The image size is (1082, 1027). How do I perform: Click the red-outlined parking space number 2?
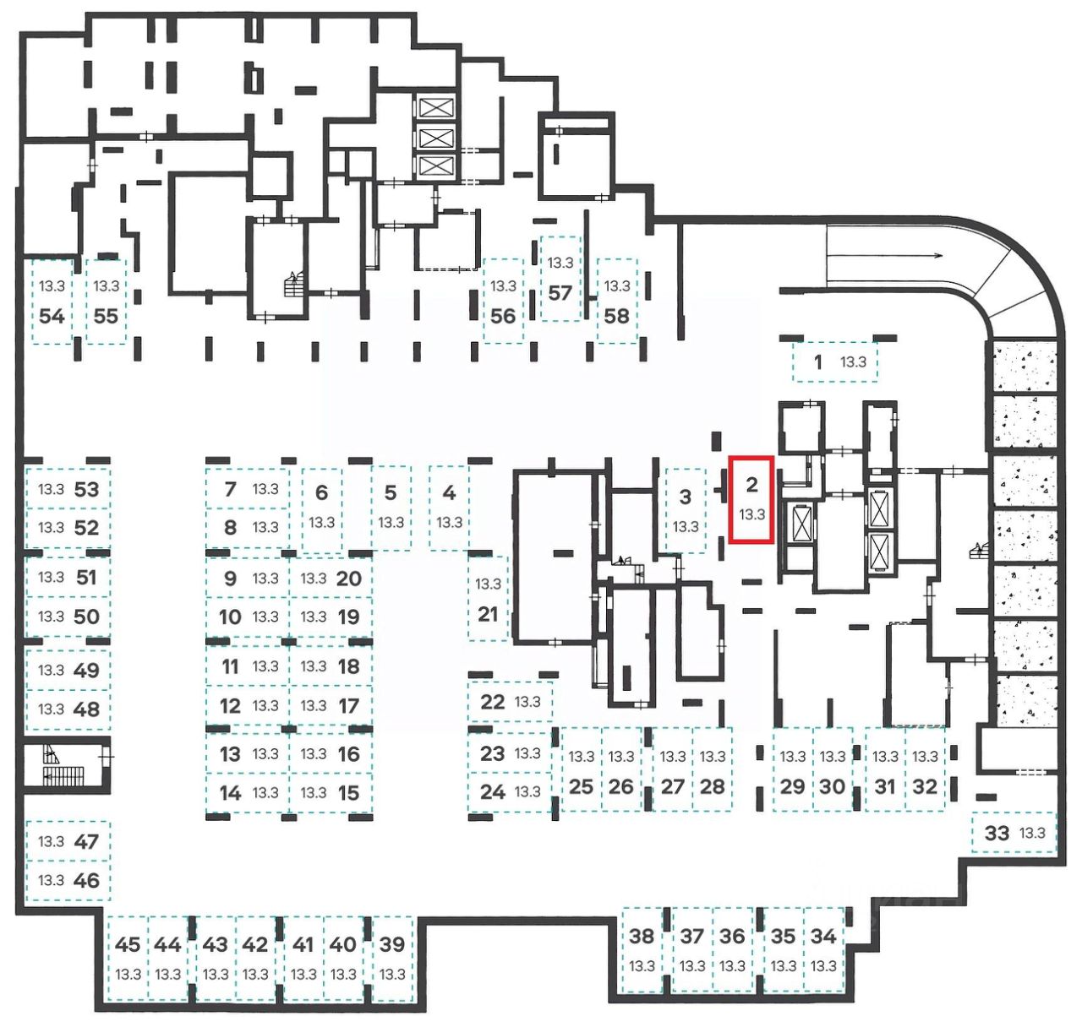[751, 499]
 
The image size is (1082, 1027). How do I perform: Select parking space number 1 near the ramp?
[834, 362]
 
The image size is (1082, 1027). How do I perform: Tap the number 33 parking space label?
[997, 833]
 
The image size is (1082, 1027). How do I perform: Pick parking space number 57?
[560, 279]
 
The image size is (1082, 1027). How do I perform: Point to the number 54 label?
[52, 316]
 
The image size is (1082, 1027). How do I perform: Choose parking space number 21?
[488, 598]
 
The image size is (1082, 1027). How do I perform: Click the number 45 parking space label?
[128, 944]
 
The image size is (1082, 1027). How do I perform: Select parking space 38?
[642, 950]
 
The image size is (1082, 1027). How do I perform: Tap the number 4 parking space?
[449, 507]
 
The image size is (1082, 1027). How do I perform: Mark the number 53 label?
[86, 489]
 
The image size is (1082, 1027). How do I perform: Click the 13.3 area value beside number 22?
[527, 701]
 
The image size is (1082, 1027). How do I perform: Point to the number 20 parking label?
[348, 579]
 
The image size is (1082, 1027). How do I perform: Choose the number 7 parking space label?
[230, 488]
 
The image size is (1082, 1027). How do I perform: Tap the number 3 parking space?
[686, 510]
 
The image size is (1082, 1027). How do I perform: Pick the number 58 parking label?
[616, 316]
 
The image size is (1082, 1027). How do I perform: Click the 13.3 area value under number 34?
[822, 965]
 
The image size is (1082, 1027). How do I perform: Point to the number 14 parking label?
[230, 792]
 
